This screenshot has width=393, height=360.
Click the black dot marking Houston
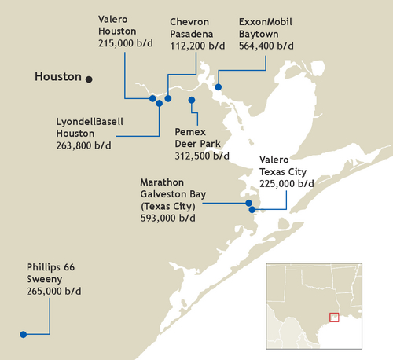(x=90, y=79)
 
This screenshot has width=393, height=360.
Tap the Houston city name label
(x=58, y=77)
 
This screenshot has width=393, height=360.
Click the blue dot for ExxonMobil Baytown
(x=219, y=86)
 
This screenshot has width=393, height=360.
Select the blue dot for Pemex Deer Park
(x=192, y=100)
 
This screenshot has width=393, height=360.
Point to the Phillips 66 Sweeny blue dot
(x=24, y=334)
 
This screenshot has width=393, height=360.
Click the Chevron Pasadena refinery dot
(x=168, y=98)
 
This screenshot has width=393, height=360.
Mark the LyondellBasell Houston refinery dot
(x=160, y=102)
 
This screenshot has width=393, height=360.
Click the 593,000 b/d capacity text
(x=167, y=218)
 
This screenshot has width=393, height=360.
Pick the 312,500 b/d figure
(x=202, y=156)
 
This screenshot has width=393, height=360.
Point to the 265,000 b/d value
(x=53, y=291)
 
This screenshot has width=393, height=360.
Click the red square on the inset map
(x=334, y=318)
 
